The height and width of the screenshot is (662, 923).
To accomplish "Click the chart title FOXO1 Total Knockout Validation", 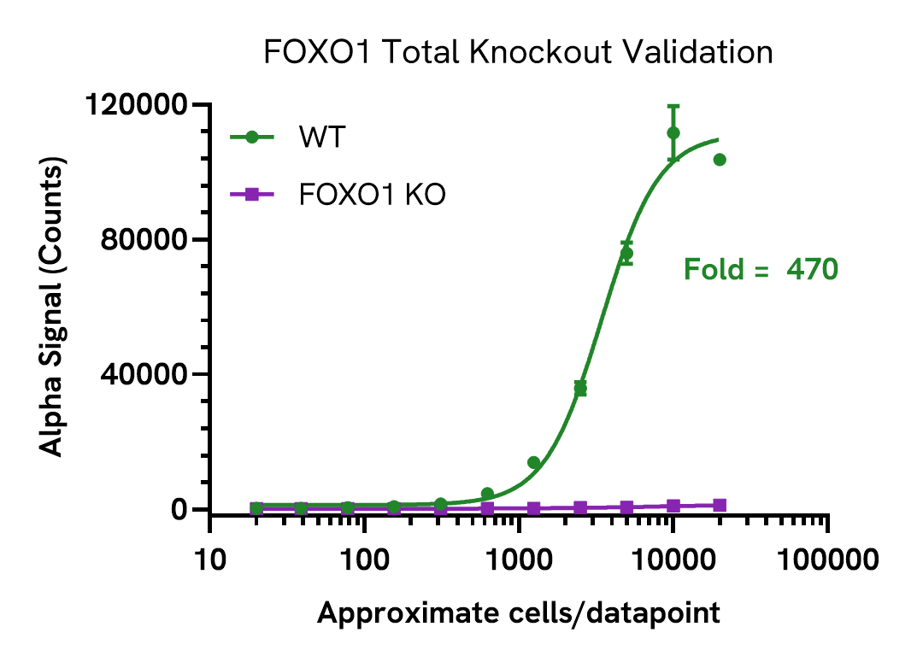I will pos(518,53).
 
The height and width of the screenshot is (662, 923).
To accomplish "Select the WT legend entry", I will pos(321,137).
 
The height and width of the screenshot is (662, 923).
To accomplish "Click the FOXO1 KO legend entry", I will pos(372,195).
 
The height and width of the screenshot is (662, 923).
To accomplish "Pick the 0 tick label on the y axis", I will pos(177,509).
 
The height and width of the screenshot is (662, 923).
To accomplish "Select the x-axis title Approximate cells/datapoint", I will pos(518,612).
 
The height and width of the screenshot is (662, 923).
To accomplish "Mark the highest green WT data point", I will pos(673,132).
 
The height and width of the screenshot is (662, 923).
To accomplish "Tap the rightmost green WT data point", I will pos(720,160).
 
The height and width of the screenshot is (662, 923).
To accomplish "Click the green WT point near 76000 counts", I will pos(626,254).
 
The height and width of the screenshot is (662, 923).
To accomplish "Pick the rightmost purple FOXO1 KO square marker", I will pos(720,505).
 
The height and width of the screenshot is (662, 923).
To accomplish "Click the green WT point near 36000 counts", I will pos(580,389).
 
